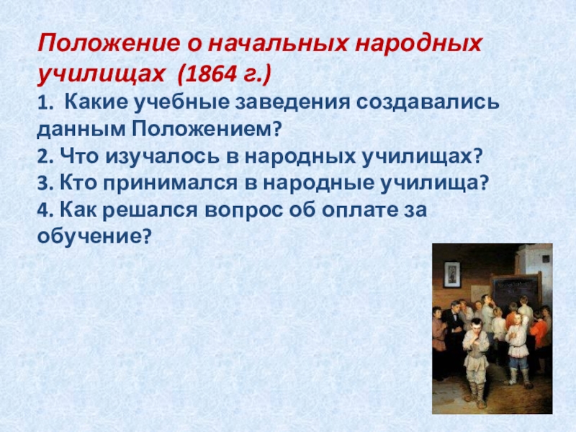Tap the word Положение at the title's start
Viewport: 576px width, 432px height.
point(109,44)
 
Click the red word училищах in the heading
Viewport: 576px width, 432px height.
point(101,76)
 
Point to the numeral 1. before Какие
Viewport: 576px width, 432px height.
point(45,103)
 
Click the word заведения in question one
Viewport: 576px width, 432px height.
point(292,102)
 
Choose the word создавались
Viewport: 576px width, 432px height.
point(428,102)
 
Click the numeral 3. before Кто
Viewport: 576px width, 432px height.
point(45,184)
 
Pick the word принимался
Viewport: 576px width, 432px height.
point(170,184)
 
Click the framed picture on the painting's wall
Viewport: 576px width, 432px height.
point(452,274)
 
